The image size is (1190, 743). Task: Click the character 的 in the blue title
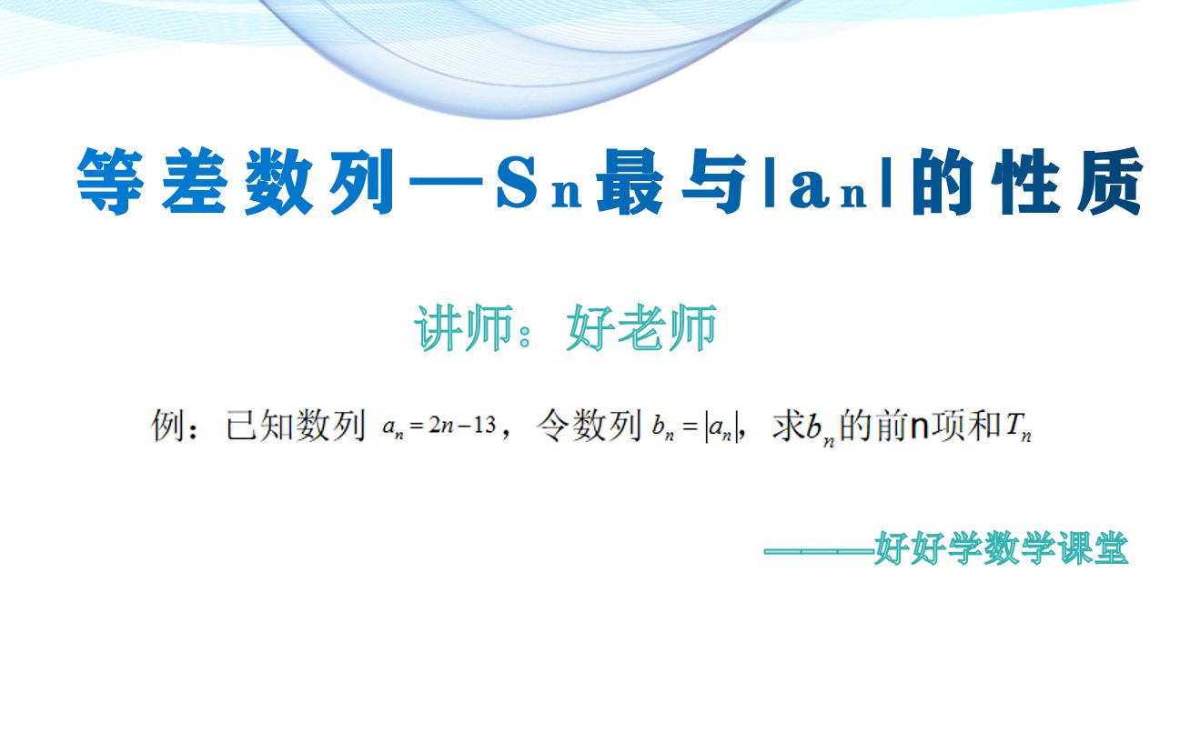tap(946, 184)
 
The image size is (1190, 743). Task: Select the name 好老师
tap(640, 329)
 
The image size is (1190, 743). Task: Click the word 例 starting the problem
tap(168, 426)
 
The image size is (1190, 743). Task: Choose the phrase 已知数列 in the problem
tap(295, 426)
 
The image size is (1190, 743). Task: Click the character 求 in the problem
tap(787, 426)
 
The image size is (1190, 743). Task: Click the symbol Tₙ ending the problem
tap(1019, 427)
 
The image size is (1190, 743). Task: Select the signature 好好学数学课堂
tap(1001, 549)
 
